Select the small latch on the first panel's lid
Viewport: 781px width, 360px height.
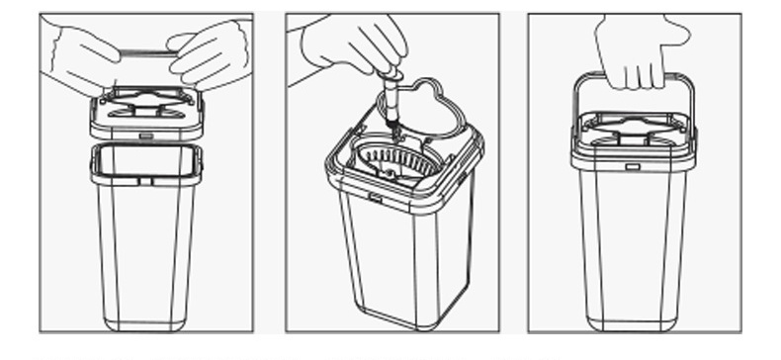(146, 135)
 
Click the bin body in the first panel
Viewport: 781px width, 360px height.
(146, 247)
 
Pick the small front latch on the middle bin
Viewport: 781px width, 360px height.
(376, 199)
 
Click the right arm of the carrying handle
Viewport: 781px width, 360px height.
(690, 109)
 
